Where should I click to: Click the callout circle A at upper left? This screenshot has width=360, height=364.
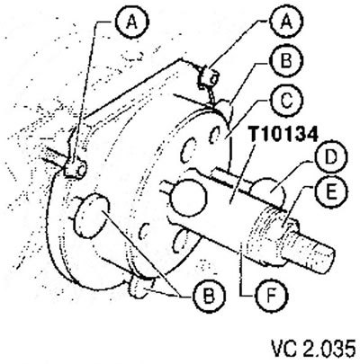(132, 23)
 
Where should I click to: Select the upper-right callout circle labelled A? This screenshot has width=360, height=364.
(285, 23)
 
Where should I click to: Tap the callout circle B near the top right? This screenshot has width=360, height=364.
(286, 61)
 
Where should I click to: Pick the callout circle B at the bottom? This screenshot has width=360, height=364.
(209, 296)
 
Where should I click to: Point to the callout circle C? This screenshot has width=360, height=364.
(286, 102)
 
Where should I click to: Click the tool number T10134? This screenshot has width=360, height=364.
(283, 134)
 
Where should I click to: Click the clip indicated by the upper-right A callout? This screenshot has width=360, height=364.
(209, 77)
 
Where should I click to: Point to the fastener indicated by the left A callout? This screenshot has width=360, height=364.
(75, 170)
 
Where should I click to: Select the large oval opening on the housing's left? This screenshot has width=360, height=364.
(92, 216)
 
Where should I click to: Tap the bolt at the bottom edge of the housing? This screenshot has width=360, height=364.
(142, 287)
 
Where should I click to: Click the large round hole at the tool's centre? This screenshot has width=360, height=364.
(188, 198)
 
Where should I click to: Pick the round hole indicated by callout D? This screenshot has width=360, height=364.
(268, 191)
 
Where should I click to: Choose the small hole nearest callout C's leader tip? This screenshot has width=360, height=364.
(214, 135)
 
